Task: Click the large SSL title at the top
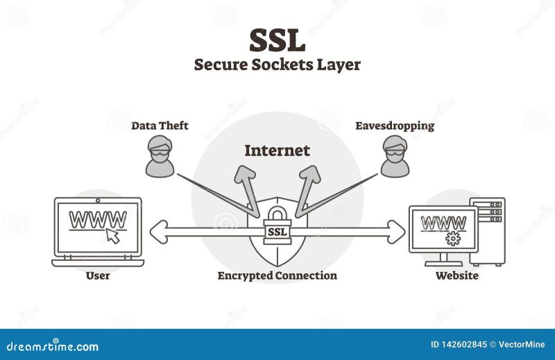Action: (277, 40)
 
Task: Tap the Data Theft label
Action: (160, 126)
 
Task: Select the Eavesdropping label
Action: (395, 126)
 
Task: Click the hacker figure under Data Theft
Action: (160, 155)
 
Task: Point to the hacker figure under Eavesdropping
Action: (395, 155)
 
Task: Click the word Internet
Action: (277, 150)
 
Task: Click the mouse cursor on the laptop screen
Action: (113, 237)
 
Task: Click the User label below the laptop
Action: (98, 275)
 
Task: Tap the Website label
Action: (456, 275)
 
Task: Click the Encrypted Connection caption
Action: (277, 275)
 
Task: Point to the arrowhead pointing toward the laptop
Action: (158, 230)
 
